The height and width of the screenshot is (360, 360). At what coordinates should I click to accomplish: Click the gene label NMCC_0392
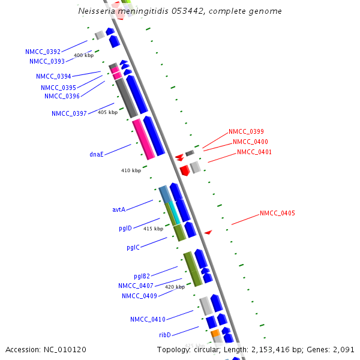pyautogui.click(x=43, y=52)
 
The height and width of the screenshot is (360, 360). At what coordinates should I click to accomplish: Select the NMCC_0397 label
pyautogui.click(x=69, y=113)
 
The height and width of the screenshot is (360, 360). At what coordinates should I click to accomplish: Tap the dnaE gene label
pyautogui.click(x=97, y=154)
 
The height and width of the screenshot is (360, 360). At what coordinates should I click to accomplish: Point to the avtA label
pyautogui.click(x=119, y=209)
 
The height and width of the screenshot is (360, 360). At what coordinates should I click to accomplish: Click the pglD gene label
pyautogui.click(x=125, y=229)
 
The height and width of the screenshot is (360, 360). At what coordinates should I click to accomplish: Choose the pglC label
pyautogui.click(x=133, y=247)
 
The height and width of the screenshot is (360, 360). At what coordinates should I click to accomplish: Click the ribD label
pyautogui.click(x=165, y=335)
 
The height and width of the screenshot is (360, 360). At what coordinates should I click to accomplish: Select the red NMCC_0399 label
pyautogui.click(x=246, y=131)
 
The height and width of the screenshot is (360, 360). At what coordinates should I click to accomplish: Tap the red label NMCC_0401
pyautogui.click(x=254, y=152)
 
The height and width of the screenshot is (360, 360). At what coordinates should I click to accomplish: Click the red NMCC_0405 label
pyautogui.click(x=277, y=213)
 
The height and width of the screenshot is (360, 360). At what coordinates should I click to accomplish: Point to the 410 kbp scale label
pyautogui.click(x=131, y=170)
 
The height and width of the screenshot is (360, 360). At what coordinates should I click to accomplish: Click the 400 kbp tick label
pyautogui.click(x=83, y=55)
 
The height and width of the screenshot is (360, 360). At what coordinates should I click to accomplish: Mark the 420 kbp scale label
pyautogui.click(x=175, y=287)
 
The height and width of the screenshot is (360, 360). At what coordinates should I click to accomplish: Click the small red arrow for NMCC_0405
pyautogui.click(x=208, y=232)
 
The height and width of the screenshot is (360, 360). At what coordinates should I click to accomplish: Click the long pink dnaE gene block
pyautogui.click(x=143, y=139)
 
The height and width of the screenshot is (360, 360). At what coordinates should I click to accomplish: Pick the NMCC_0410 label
pyautogui.click(x=148, y=319)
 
